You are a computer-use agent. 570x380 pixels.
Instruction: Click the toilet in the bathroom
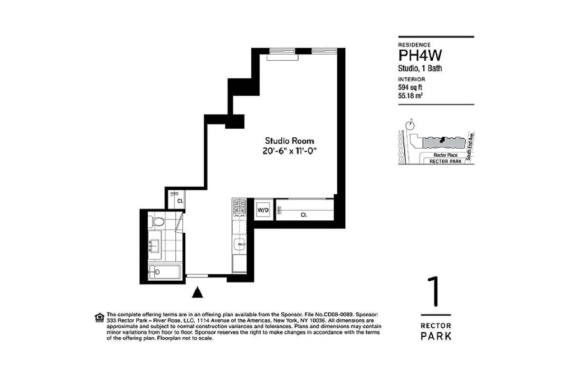tap(157, 222)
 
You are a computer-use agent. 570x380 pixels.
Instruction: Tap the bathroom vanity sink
tap(153, 246)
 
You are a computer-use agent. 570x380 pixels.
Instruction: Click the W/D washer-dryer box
tap(263, 209)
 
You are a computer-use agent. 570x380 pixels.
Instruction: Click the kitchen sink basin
tap(239, 245)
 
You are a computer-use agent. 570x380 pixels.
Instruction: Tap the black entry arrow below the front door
tap(198, 292)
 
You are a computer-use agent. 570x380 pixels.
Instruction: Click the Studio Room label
tap(289, 141)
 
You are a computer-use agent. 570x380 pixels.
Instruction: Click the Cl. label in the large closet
tap(304, 215)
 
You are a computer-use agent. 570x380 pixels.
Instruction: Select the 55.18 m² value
tap(411, 95)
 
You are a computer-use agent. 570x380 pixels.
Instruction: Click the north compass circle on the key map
tap(410, 125)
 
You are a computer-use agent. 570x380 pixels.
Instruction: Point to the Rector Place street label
tap(445, 155)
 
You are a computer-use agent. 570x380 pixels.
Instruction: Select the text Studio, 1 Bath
tap(420, 68)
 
